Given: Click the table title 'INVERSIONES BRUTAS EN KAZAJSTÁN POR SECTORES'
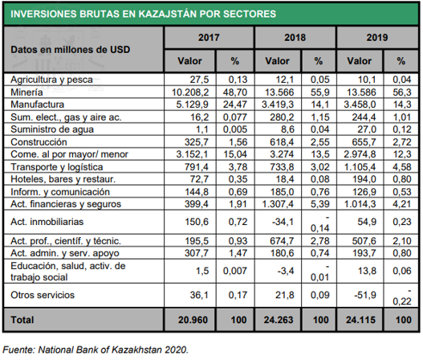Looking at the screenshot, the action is coord(143,14).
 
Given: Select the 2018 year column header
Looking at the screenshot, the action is coord(295,37).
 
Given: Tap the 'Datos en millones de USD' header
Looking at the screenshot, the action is coord(70,50).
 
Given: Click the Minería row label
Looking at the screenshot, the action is coord(26,92).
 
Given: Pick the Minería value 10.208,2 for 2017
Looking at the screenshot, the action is coord(190,92).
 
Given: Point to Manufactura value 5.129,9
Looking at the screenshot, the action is coord(192,104).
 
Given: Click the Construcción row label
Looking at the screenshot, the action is coord(39,142).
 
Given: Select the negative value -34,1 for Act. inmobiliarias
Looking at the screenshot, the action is coord(283,222).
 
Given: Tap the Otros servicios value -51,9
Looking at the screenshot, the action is coord(364,295).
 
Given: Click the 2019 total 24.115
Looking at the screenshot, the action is coord(360,320).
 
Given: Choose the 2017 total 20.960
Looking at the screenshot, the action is coord(193,320).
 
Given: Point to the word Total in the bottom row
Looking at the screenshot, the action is coord(22,320).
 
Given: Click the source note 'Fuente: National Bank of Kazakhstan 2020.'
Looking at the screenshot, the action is coord(96,350).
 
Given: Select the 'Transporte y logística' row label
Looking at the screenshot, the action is coord(57,167).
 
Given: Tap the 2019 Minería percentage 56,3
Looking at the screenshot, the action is coord(401,92).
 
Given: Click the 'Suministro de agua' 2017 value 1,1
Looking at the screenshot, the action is coord(201,129).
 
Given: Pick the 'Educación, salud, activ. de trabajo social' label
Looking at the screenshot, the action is coord(68,272).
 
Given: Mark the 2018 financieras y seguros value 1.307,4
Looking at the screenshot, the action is coord(278,204).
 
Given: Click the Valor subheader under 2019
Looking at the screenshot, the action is coord(359,61).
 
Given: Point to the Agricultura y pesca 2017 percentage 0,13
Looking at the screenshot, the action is coord(238,80).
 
